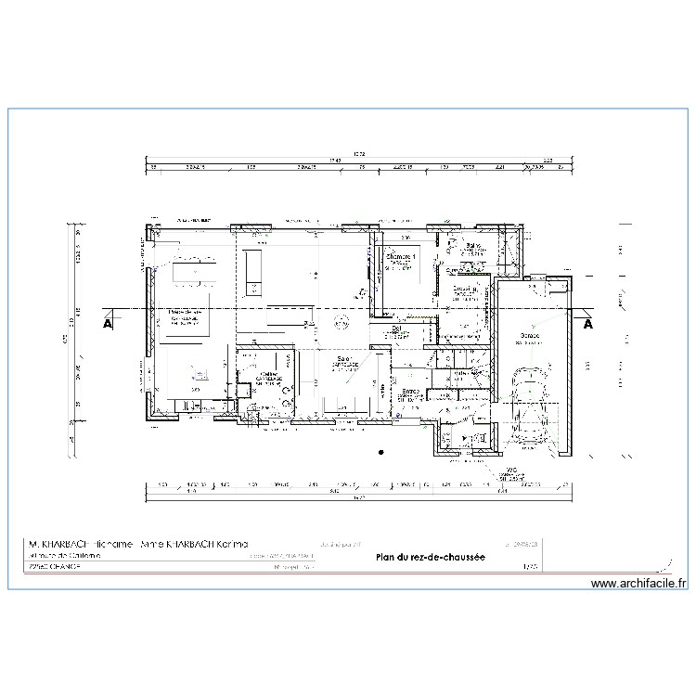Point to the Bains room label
(472, 247)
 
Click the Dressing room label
(466, 290)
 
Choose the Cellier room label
(269, 375)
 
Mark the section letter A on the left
(108, 325)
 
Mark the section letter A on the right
(587, 325)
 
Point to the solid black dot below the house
(381, 452)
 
